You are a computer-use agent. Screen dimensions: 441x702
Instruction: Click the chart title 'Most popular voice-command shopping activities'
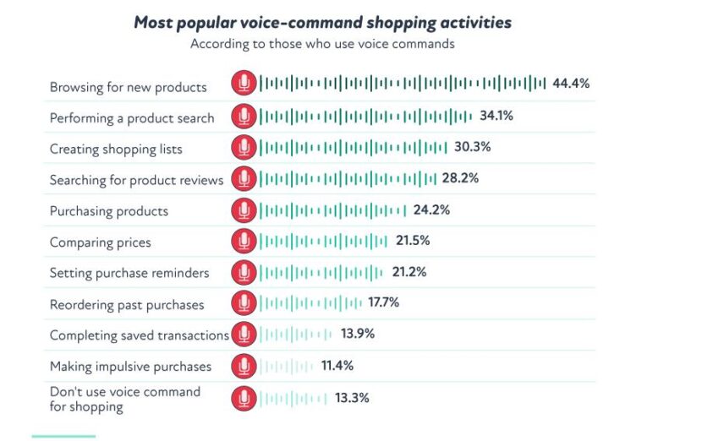322,23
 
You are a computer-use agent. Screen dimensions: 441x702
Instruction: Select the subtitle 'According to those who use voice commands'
322,44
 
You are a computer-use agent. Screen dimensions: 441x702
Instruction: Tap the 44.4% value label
571,84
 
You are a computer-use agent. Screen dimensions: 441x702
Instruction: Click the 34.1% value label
496,116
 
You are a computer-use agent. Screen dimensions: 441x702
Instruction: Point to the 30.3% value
472,147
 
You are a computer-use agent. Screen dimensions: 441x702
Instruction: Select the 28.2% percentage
461,178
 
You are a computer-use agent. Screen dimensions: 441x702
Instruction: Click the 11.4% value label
337,366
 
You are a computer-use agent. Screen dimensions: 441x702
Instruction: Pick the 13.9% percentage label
357,334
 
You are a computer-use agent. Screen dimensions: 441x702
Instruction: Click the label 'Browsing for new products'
128,87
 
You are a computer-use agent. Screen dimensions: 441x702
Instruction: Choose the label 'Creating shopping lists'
116,150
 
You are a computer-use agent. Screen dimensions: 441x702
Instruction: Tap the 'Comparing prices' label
100,242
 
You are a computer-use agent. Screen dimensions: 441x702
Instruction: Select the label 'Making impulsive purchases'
130,367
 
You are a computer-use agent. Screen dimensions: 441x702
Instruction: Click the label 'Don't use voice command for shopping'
125,399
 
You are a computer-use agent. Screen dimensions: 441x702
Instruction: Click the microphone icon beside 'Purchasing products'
244,210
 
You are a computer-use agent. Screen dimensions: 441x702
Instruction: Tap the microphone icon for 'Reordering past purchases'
244,303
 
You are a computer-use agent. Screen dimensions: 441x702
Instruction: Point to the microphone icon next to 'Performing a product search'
244,117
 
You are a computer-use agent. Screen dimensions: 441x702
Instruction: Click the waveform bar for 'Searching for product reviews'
347,179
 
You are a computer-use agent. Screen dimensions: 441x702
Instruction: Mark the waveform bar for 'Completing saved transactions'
295,335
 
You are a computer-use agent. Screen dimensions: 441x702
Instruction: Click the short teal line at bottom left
63,436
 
